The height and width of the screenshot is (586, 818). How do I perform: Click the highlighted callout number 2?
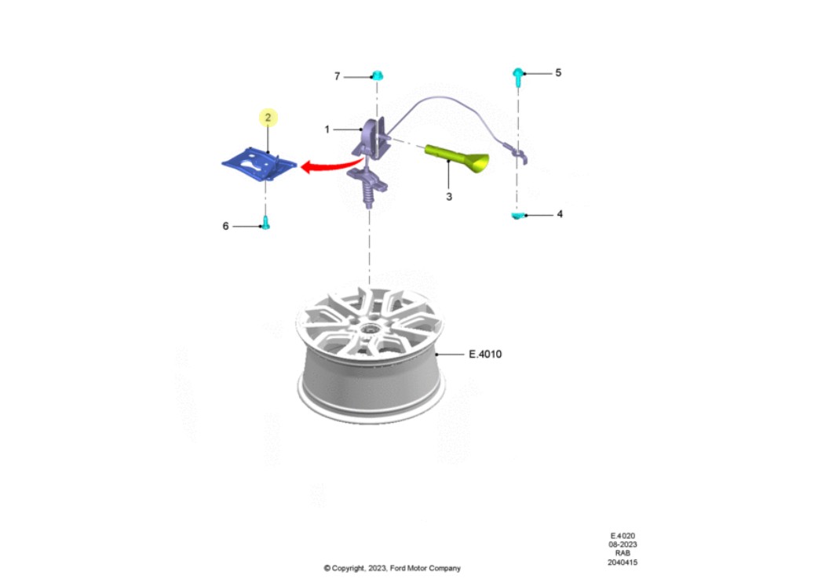tap(268, 118)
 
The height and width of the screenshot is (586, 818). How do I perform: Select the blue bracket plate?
tap(259, 164)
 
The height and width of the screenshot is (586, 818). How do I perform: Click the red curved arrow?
tap(330, 166)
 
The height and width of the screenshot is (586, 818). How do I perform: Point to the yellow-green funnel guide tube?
tap(458, 158)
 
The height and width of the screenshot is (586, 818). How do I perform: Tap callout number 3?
tap(449, 197)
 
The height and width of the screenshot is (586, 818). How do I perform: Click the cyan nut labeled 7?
tap(378, 75)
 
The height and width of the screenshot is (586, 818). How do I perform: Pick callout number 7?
tap(337, 77)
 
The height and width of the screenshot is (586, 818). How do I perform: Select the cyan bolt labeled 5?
tap(518, 77)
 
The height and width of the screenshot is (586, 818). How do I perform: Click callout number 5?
tap(558, 72)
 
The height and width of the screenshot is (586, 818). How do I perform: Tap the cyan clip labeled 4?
tap(517, 215)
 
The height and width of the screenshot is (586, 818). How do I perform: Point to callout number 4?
tap(560, 213)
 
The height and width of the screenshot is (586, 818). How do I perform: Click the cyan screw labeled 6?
tap(265, 223)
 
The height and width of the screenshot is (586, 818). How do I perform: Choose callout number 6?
tap(225, 226)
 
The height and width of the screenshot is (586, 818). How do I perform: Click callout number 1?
tap(327, 129)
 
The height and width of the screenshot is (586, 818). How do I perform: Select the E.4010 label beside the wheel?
tap(485, 354)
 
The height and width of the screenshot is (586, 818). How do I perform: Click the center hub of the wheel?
tap(370, 330)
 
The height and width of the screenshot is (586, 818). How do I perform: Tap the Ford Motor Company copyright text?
tap(393, 568)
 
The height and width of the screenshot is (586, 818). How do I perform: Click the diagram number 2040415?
tap(623, 562)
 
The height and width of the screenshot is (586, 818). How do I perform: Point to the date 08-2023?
tap(623, 544)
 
